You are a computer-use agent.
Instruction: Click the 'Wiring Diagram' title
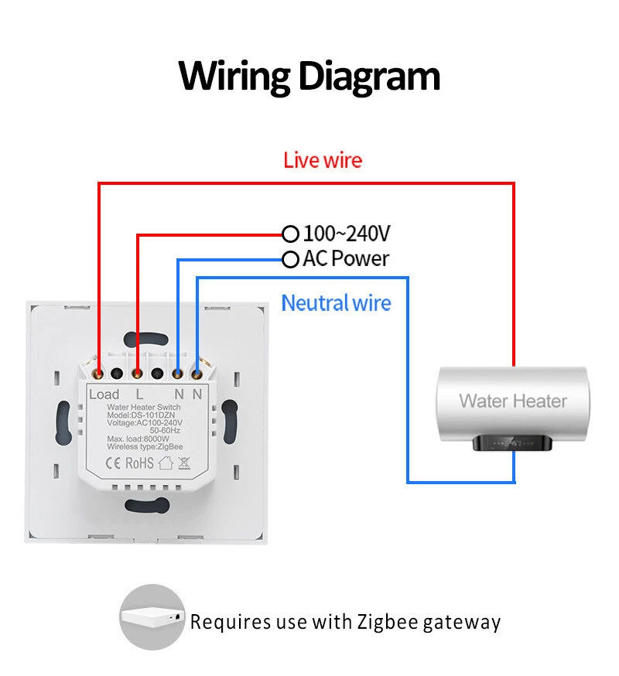point(309,77)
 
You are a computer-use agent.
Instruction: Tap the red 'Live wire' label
point(322,160)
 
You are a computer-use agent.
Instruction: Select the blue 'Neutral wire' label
point(336,302)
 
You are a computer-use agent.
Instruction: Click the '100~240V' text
point(346,233)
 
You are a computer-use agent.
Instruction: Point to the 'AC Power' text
point(346,259)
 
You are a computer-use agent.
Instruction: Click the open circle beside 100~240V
point(290,233)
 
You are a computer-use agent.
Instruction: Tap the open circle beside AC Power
point(290,259)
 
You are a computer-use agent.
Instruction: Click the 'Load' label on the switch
point(104,394)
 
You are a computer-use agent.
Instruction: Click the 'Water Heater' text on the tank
point(512,401)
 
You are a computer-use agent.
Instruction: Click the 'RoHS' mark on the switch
point(139,463)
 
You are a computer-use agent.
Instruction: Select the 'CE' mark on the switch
point(111,463)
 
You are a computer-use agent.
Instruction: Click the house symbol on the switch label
point(165,463)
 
